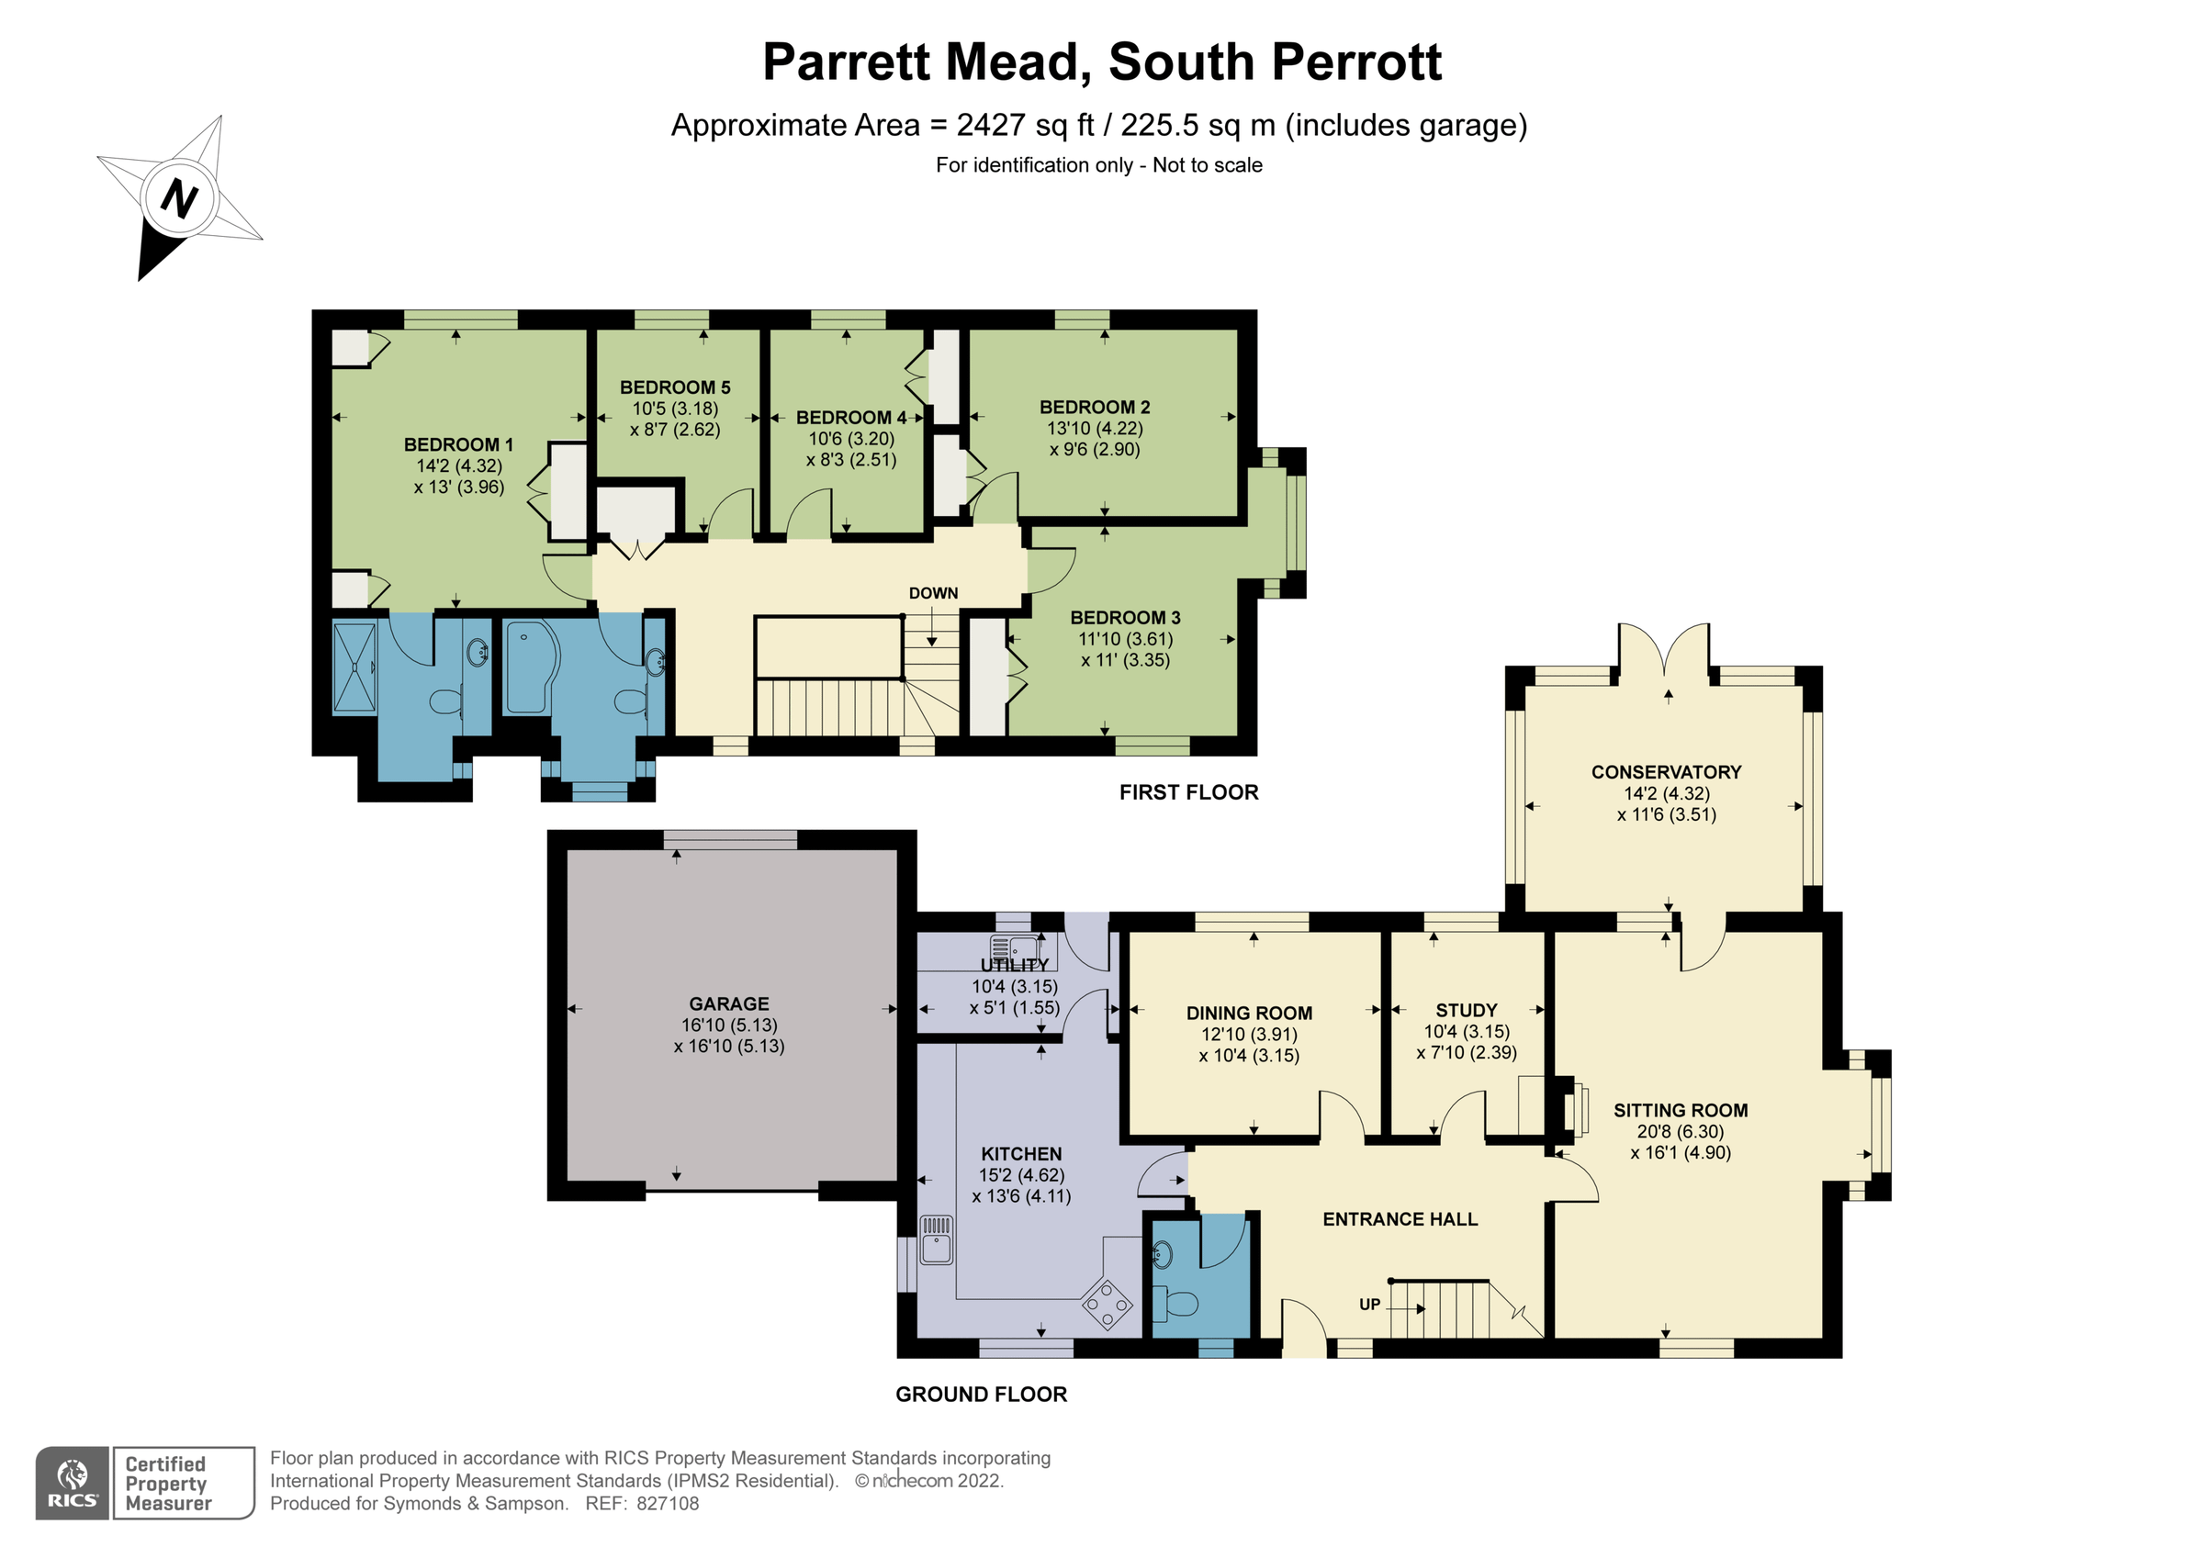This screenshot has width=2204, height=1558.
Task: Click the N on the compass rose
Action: click(x=179, y=198)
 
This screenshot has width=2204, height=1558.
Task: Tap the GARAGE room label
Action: click(x=728, y=1004)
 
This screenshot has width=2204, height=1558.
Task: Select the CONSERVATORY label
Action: click(x=1666, y=772)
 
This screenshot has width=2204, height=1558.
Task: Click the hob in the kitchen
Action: click(x=1107, y=1305)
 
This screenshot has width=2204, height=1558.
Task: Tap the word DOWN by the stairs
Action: click(x=933, y=593)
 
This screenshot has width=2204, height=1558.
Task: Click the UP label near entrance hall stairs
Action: click(x=1370, y=1305)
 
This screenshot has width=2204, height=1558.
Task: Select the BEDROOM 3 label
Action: click(x=1125, y=617)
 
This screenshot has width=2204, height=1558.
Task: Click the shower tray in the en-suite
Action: click(x=354, y=667)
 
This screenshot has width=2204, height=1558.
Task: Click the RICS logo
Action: click(x=73, y=1483)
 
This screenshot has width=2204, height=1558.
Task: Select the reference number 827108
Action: click(x=669, y=1504)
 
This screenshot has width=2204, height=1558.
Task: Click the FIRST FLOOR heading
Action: click(x=1188, y=792)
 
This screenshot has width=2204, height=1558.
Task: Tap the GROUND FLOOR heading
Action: click(x=981, y=1394)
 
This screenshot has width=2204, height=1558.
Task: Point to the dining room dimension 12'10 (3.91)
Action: click(x=1249, y=1034)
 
